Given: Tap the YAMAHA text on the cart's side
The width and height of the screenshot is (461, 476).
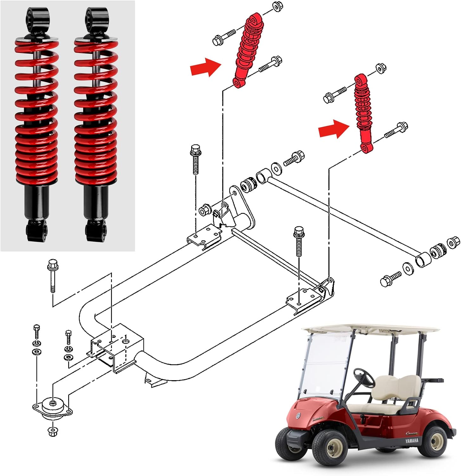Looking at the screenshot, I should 412,440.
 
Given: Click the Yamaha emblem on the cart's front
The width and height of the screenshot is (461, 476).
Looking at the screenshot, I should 299,416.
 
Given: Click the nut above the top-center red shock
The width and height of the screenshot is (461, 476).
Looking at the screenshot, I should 277,7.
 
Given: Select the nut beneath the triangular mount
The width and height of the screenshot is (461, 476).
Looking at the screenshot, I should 52,431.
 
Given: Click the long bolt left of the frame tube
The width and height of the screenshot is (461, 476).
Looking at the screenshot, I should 52,275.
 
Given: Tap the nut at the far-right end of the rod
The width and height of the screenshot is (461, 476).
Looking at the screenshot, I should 453,242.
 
